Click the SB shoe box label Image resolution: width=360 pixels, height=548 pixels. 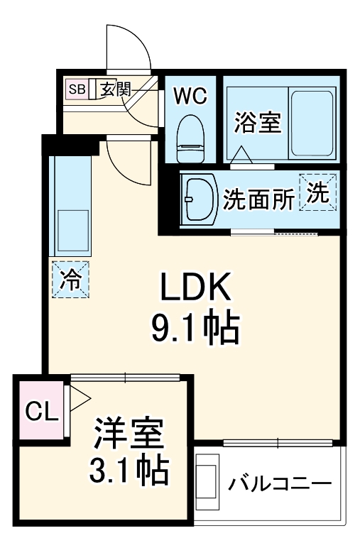[76, 89]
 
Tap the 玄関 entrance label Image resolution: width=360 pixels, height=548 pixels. [114, 89]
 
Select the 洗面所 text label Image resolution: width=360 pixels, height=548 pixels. [258, 199]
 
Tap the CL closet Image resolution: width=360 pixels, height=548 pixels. [40, 412]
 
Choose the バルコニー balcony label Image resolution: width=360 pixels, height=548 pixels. [280, 485]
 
